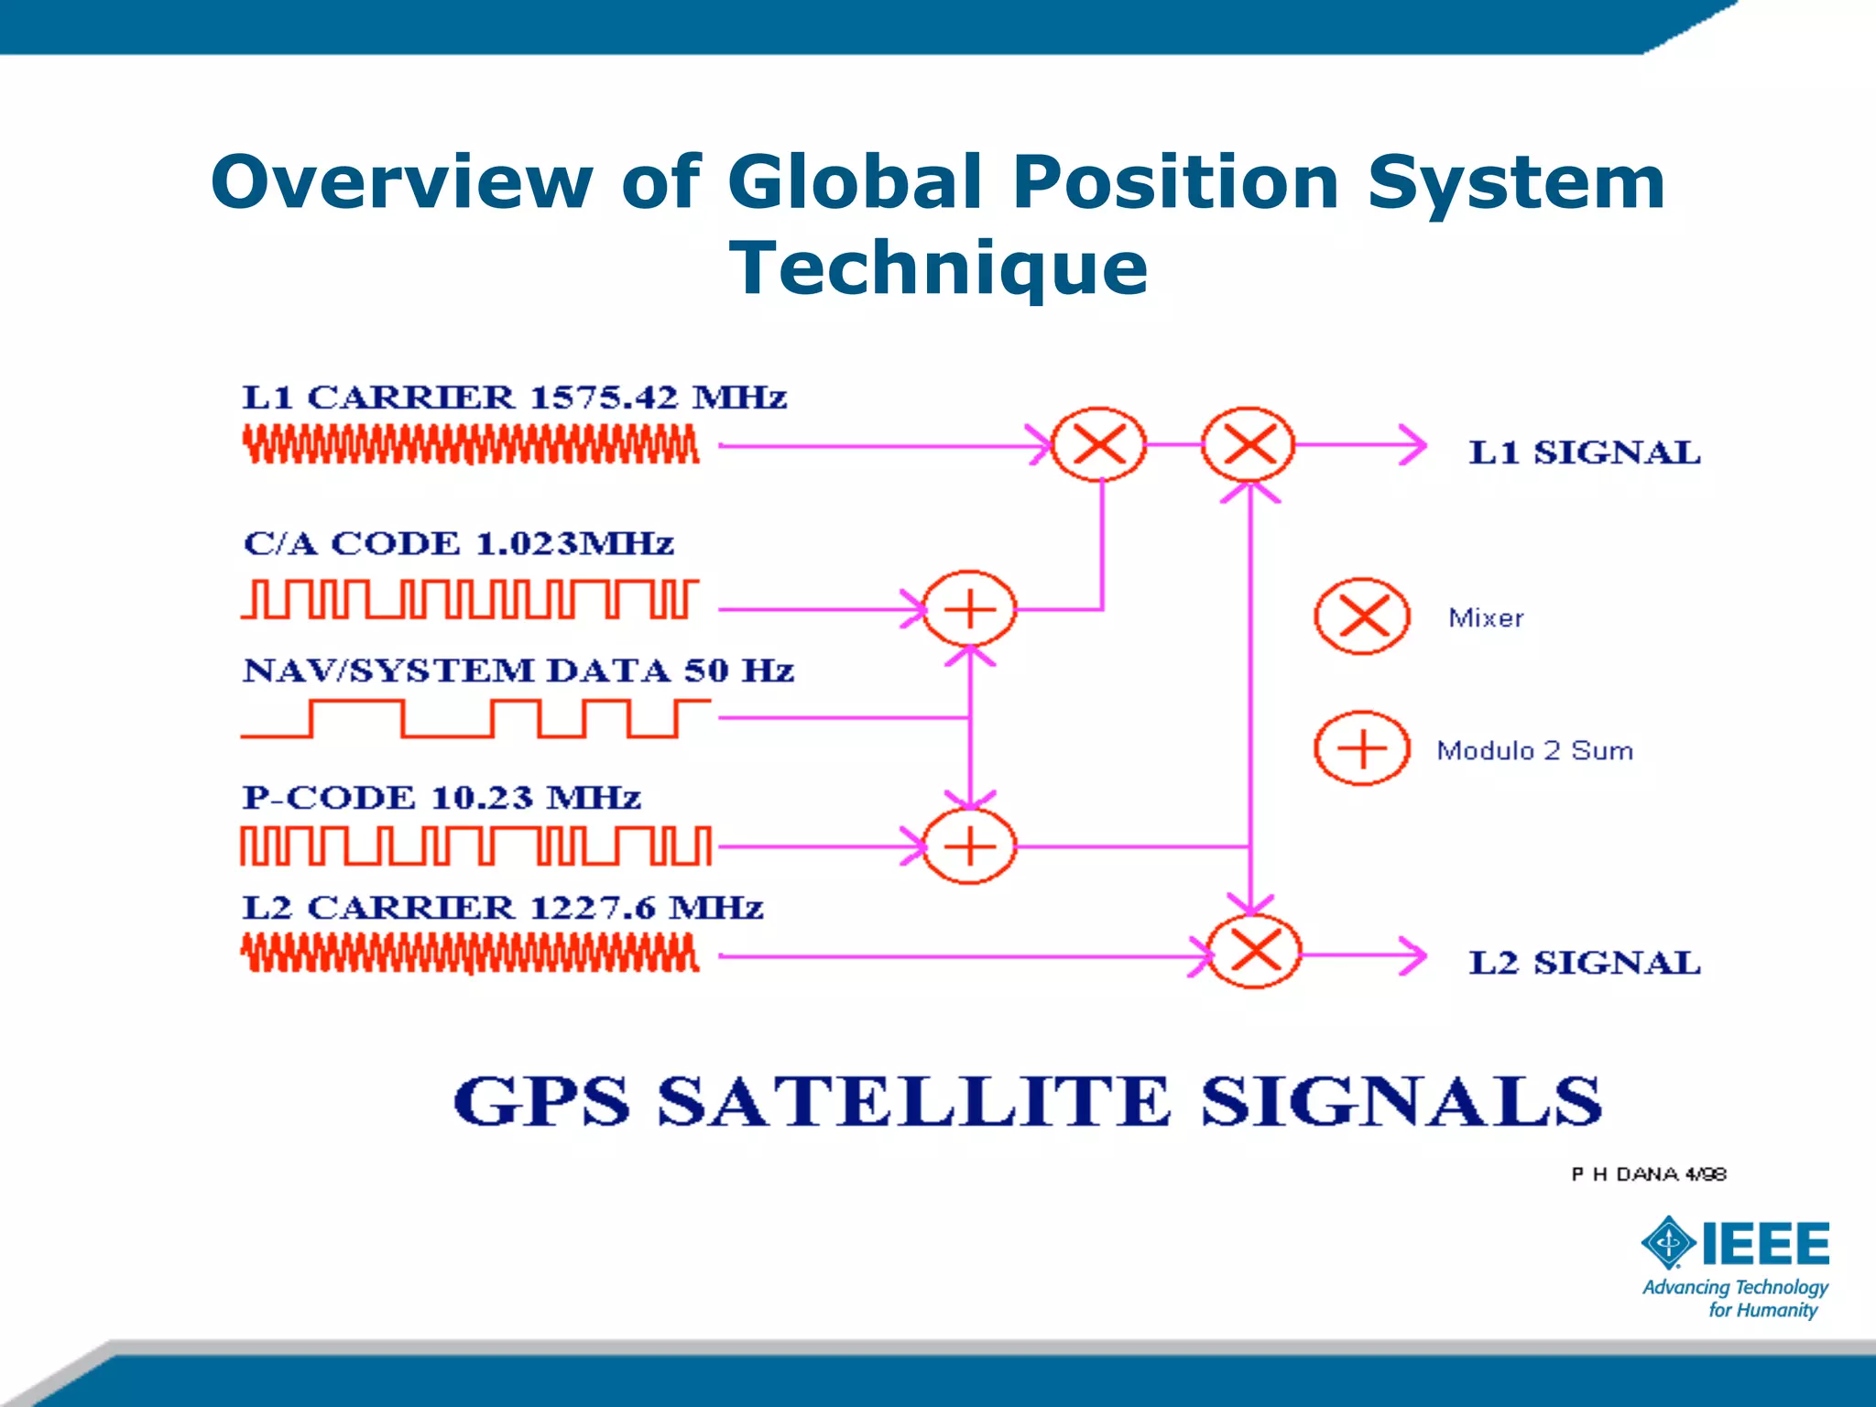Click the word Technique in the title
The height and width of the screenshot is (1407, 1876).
point(938,267)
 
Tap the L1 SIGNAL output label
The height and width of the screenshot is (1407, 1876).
point(1584,453)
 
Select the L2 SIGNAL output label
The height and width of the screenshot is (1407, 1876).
point(1584,963)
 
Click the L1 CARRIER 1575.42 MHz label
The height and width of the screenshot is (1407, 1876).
point(514,398)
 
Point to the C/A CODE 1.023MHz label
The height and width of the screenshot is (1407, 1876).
point(458,543)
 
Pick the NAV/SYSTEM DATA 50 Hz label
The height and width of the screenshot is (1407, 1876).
point(518,671)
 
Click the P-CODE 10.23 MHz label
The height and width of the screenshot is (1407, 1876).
point(441,797)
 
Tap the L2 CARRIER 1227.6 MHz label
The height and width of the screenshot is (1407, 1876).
point(502,908)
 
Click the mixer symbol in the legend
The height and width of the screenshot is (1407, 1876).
point(1362,616)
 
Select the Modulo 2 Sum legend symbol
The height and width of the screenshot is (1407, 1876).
point(1362,748)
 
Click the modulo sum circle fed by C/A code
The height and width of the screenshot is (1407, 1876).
point(969,609)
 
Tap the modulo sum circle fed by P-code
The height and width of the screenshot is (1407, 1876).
point(969,846)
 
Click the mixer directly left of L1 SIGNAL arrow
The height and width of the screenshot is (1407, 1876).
point(1248,445)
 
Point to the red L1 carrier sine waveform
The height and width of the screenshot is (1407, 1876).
point(471,445)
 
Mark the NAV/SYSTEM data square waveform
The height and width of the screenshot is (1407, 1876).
point(474,718)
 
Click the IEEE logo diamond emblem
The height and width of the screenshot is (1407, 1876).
point(1669,1243)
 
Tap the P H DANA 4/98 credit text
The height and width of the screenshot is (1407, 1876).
point(1648,1174)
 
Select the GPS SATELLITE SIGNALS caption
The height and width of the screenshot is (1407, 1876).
point(1027,1101)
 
